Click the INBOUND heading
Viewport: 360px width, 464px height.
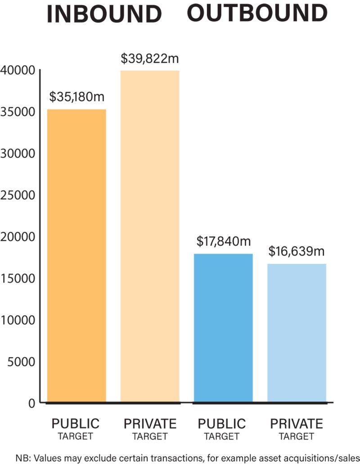click(x=104, y=14)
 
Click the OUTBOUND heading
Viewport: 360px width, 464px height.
click(x=257, y=13)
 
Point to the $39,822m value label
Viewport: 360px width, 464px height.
click(x=150, y=59)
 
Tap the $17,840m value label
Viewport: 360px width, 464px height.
click(x=223, y=241)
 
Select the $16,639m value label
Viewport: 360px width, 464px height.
click(x=297, y=251)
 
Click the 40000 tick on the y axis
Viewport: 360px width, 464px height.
click(x=18, y=70)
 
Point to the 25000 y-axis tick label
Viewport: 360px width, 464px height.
click(x=18, y=195)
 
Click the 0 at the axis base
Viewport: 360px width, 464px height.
click(x=31, y=403)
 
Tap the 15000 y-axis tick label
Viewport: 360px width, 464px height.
click(x=18, y=278)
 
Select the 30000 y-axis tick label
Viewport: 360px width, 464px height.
click(x=18, y=154)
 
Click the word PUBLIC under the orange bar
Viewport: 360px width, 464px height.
click(x=76, y=424)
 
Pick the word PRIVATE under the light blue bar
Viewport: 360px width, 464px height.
click(x=296, y=424)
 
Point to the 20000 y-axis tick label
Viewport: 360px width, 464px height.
click(x=18, y=237)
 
